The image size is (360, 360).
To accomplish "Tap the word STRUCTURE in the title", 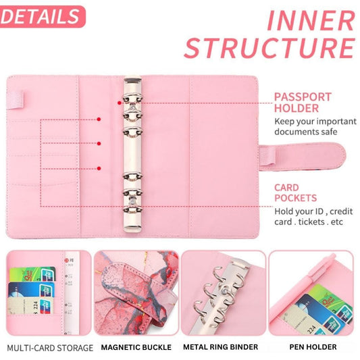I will point(269,49).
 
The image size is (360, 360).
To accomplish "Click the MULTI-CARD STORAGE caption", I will point(49,347).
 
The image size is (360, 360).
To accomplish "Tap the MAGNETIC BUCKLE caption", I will point(136,347).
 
